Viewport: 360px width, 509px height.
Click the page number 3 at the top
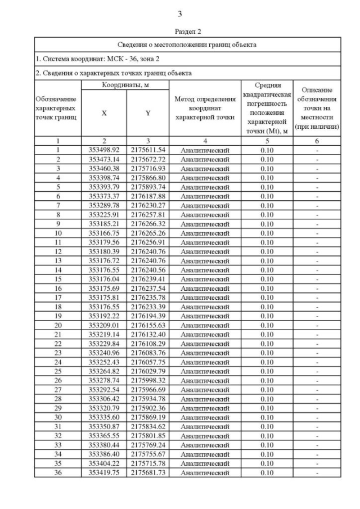[179, 14]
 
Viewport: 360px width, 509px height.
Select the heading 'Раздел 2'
[179, 31]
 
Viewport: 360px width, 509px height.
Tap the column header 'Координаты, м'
[124, 84]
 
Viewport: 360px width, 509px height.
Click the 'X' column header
[104, 113]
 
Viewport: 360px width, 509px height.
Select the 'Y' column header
[148, 113]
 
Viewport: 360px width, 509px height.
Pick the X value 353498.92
[104, 150]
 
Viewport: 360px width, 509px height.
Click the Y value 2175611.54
[148, 150]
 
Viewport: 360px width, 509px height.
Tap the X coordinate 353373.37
[104, 196]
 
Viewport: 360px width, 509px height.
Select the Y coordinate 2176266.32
[148, 224]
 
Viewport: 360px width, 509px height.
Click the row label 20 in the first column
[58, 325]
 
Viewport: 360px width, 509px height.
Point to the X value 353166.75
[104, 233]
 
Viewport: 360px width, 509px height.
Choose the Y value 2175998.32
[148, 380]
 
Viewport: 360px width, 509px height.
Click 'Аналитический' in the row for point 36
[205, 473]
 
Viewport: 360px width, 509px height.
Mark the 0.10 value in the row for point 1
[267, 150]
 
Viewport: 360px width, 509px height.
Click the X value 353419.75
[104, 472]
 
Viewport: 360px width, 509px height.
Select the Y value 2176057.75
[148, 362]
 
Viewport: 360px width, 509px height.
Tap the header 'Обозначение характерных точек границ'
[58, 108]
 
